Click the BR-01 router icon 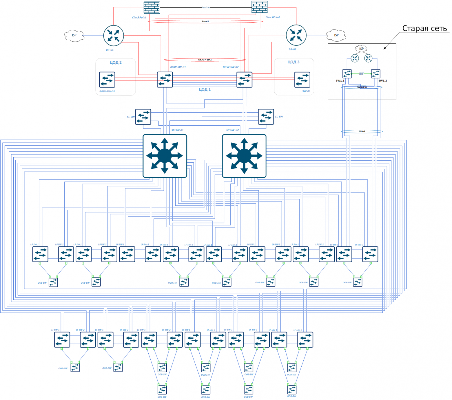tap(114, 36)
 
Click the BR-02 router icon tap(296, 35)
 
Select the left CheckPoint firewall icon tap(152, 8)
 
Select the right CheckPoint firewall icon tap(259, 7)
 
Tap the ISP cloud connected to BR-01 tap(74, 35)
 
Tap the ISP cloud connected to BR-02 tap(336, 35)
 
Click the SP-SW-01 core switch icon tap(165, 156)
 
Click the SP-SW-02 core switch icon tap(244, 156)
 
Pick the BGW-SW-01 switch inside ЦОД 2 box tap(107, 80)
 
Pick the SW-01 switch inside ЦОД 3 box tap(302, 80)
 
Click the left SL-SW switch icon tap(143, 117)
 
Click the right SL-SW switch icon tap(266, 117)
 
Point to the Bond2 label tap(205, 21)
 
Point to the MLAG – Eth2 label tap(205, 60)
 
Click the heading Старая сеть tap(424, 28)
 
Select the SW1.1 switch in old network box tap(347, 74)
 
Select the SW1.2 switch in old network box tap(376, 74)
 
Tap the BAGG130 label tap(362, 87)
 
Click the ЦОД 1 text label tap(205, 89)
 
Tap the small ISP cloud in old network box tap(361, 48)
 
